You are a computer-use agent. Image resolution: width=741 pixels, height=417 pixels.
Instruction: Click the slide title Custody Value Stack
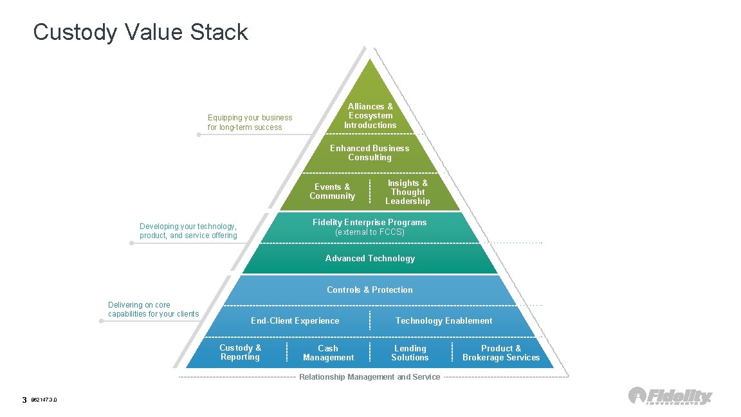click(140, 32)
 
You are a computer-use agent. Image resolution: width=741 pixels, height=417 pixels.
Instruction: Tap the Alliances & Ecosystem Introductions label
click(370, 116)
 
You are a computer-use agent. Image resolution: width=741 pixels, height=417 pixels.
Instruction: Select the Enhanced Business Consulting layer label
click(369, 153)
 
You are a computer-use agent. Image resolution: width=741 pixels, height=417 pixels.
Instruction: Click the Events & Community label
click(332, 192)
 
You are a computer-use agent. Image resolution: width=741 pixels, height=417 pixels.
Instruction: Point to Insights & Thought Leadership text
click(407, 192)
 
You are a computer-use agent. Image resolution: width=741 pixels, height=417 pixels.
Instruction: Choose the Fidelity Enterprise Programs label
click(369, 227)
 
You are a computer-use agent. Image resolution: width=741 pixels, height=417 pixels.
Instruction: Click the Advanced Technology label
click(370, 258)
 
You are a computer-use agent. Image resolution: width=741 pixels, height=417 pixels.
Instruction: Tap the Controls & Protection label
click(370, 290)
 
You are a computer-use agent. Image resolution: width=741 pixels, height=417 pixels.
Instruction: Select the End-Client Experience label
click(295, 320)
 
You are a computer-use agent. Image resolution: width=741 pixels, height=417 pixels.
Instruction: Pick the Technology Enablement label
click(444, 320)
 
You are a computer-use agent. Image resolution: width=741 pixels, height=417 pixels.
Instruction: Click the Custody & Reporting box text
click(240, 353)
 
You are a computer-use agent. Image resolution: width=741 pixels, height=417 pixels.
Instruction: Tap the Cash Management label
click(328, 353)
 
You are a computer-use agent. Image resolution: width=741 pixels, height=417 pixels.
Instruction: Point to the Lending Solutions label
click(410, 353)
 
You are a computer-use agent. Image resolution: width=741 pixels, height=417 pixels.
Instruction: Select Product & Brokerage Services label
click(501, 353)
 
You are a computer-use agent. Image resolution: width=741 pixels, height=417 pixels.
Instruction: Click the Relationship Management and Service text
click(370, 376)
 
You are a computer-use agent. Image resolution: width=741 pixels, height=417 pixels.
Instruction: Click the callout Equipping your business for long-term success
click(250, 122)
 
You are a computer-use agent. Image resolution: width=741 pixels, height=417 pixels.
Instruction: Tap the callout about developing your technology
click(188, 231)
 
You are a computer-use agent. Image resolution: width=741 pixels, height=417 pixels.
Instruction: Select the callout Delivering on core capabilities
click(153, 310)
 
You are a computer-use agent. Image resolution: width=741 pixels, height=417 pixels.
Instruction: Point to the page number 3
click(24, 400)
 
